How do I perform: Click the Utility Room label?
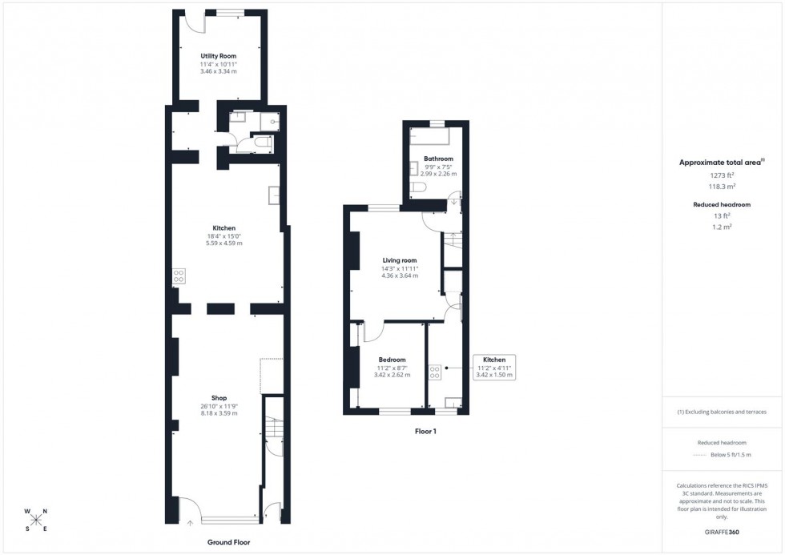218,56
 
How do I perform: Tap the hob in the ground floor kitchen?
179,276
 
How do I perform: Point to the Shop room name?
219,398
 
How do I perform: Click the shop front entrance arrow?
190,524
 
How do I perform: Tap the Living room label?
398,260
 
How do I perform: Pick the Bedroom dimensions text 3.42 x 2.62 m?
392,375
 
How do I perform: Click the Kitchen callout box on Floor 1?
493,367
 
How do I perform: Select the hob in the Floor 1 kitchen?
435,372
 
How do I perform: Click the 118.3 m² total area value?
723,182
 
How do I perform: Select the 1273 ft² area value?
723,173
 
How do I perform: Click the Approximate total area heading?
721,162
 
